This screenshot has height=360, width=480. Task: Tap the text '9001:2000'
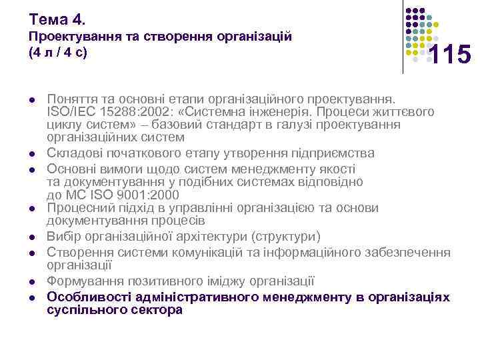(x=151, y=195)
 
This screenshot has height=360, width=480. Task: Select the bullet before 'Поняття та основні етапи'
(x=31, y=99)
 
